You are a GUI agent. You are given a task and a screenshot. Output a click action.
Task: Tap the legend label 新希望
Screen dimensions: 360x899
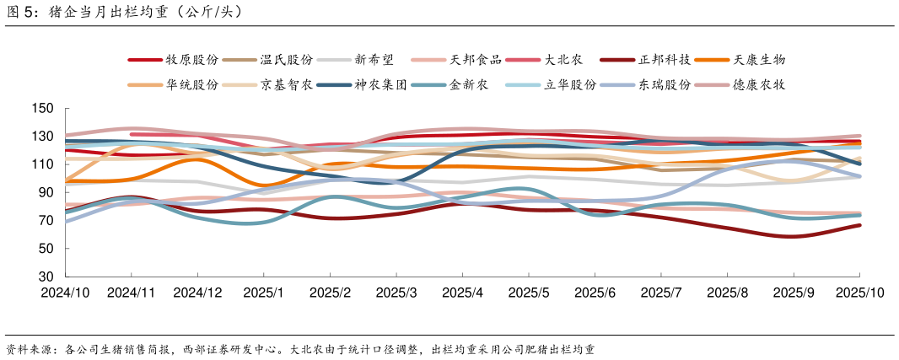pyautogui.click(x=372, y=60)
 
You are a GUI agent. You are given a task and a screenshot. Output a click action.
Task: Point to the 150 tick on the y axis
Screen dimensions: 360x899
pyautogui.click(x=43, y=109)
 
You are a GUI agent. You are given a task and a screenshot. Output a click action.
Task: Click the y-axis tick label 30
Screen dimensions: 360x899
pyautogui.click(x=46, y=277)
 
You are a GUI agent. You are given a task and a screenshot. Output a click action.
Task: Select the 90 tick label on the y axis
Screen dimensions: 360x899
pyautogui.click(x=46, y=192)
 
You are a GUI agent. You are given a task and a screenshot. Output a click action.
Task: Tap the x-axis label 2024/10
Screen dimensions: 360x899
pyautogui.click(x=65, y=293)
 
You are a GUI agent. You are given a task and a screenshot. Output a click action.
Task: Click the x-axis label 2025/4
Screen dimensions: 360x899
pyautogui.click(x=462, y=293)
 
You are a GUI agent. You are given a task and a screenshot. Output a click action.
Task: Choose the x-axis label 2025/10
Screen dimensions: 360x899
pyautogui.click(x=859, y=293)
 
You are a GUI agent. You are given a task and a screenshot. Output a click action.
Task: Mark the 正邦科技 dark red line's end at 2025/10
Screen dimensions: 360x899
pyautogui.click(x=859, y=225)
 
